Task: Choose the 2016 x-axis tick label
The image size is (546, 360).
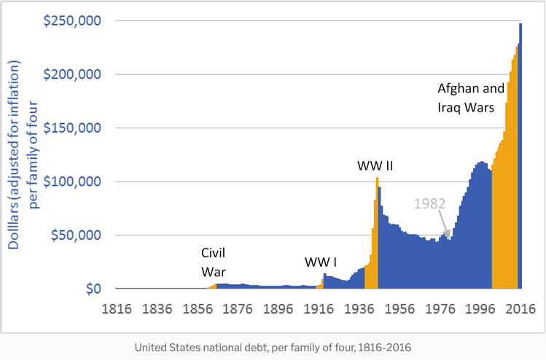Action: coord(520,308)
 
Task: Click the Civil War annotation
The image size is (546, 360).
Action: coord(214,262)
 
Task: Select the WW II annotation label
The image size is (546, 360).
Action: coord(375,166)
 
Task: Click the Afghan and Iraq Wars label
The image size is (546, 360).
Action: coord(470,98)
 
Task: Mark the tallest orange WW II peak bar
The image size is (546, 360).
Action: coord(377,233)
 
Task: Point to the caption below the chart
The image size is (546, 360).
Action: coord(273,347)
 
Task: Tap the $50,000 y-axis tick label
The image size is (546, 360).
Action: coord(71,235)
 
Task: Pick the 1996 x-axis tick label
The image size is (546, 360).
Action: coord(480,308)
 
